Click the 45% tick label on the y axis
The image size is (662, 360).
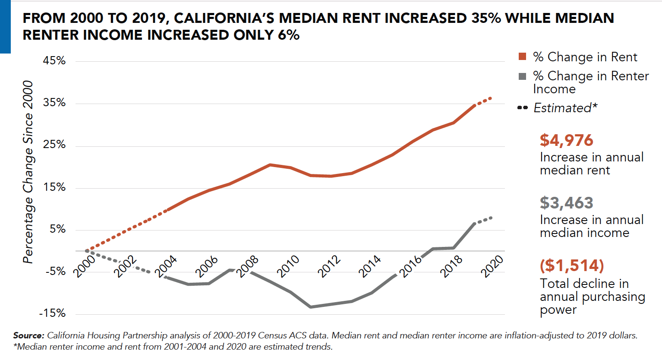[x=54, y=60]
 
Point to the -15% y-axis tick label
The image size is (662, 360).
[x=52, y=313]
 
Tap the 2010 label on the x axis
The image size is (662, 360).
[x=288, y=266]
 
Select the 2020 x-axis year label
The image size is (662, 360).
[x=492, y=266]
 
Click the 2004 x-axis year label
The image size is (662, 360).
[x=166, y=266]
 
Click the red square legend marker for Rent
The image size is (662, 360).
[x=522, y=57]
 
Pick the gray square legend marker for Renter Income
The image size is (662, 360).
[x=522, y=76]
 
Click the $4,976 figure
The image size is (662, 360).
[x=567, y=140]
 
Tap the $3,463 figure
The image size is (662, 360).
[x=567, y=203]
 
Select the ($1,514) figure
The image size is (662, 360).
[x=572, y=265]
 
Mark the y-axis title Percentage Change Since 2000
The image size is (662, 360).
[x=28, y=172]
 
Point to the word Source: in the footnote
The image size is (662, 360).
[x=28, y=335]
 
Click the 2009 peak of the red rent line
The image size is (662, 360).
[x=270, y=165]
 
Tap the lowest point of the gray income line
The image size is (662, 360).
[x=311, y=307]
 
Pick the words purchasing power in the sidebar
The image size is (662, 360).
[x=593, y=303]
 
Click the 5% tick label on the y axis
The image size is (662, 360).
[x=57, y=229]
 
